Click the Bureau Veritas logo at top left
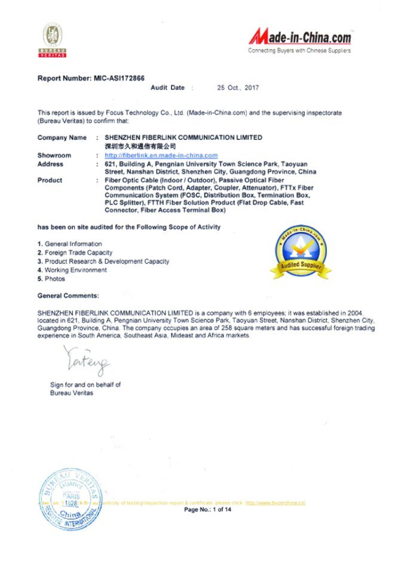53,40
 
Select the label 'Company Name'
62,138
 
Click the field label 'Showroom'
54,155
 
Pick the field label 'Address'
51,164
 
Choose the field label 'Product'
50,180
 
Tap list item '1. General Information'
69,244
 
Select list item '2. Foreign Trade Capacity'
75,253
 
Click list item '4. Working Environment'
72,270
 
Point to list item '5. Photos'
51,279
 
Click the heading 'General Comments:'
68,296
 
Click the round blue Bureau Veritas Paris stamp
70,500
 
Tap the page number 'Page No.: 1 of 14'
207,510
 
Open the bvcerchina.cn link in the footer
276,503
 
